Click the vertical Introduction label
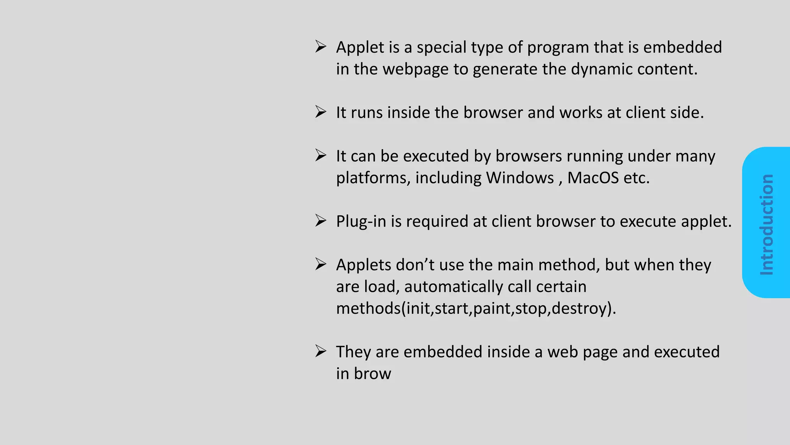coord(766,224)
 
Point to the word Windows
coord(520,178)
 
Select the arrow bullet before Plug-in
coord(321,221)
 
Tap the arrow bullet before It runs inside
coord(321,112)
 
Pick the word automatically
coord(453,287)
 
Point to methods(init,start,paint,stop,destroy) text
coord(476,309)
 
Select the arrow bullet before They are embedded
coord(321,351)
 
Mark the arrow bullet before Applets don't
coord(321,264)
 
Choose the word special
coord(439,48)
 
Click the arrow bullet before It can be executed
coord(321,156)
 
